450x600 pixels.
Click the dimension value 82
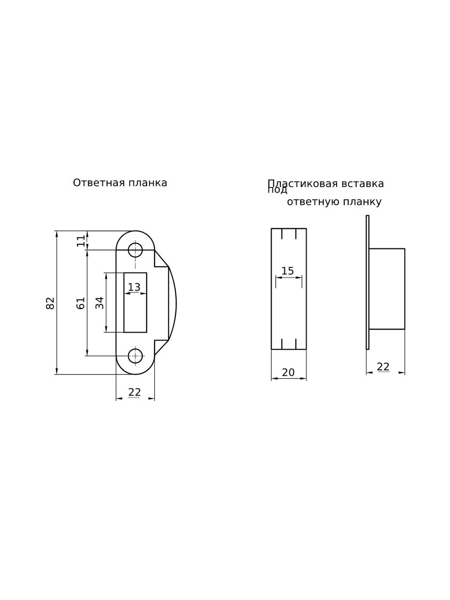point(50,303)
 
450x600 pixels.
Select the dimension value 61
point(80,303)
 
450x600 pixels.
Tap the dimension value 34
point(100,303)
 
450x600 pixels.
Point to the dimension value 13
point(134,287)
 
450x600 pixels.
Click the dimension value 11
point(81,241)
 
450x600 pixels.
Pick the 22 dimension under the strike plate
point(135,392)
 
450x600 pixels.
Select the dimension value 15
point(288,271)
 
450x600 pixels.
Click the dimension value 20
point(288,372)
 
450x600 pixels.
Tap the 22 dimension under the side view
point(383,367)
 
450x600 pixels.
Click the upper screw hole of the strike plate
point(135,250)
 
